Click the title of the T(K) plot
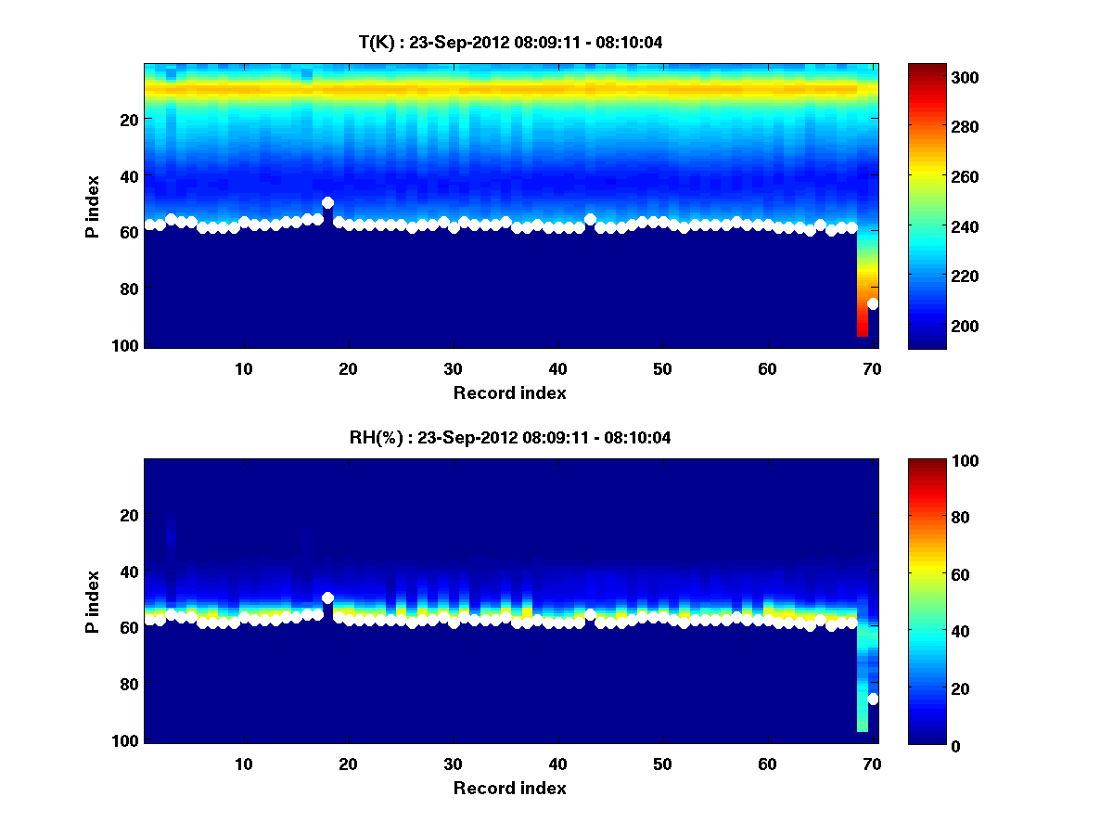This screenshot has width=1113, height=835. pos(510,42)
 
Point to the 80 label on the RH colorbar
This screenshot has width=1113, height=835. pos(939,518)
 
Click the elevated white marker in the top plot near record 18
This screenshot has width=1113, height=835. pos(327,202)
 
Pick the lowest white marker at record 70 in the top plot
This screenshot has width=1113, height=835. pos(873,303)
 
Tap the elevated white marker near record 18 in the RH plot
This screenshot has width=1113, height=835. pos(327,597)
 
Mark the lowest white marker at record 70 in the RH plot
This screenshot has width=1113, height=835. pos(873,699)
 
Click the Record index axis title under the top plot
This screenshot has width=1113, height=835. pos(509,393)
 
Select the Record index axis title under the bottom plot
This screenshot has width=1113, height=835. pos(509,789)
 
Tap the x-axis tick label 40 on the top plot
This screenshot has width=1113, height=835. pos(557,369)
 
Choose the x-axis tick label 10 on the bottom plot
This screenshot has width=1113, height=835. pos(243,764)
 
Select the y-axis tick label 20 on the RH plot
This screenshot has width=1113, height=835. pos(128,515)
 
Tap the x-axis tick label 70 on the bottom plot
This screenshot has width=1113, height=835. pos(872,764)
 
